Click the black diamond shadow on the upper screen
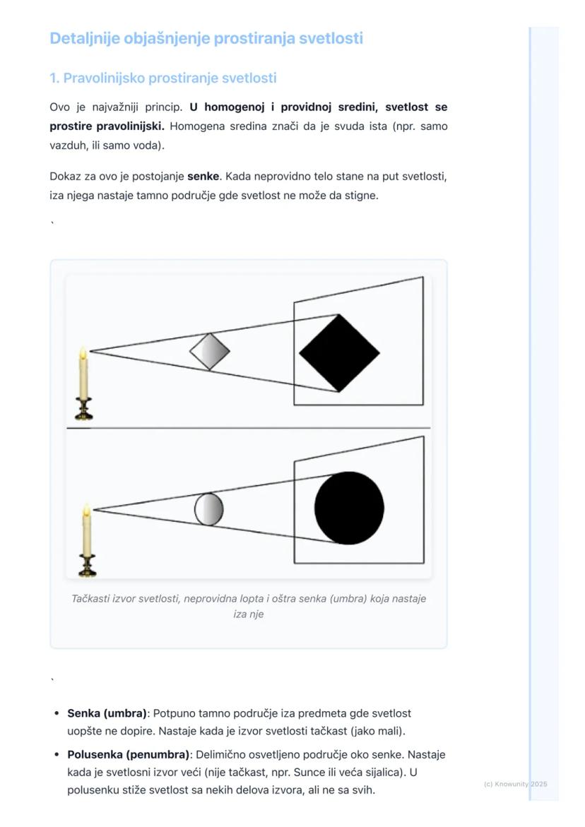(339, 352)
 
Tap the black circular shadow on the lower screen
(349, 508)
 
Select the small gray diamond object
(210, 351)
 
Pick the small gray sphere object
(208, 509)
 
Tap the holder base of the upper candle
(84, 411)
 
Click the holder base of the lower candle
(88, 567)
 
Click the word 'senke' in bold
(203, 176)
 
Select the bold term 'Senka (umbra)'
(107, 713)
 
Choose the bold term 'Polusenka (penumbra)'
(129, 754)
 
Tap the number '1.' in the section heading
(54, 78)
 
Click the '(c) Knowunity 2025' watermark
(516, 784)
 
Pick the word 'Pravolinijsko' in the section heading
(104, 78)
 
